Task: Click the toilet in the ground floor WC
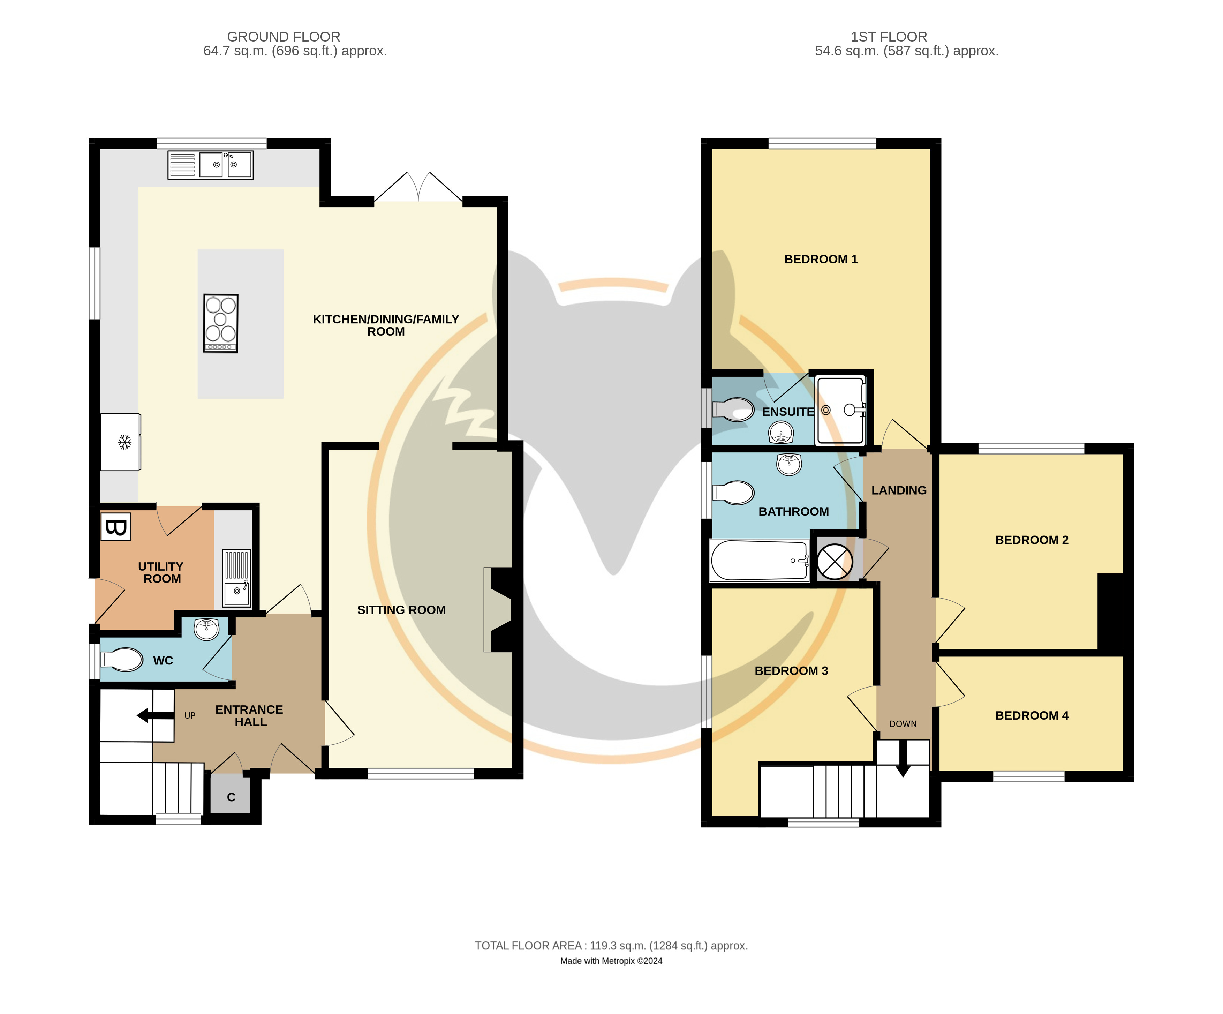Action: click(x=122, y=660)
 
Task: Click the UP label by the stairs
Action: click(x=190, y=715)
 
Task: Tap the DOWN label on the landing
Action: click(x=903, y=724)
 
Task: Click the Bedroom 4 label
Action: click(x=1032, y=716)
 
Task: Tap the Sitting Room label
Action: click(x=401, y=610)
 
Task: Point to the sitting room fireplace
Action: click(x=498, y=610)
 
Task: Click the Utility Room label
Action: click(x=161, y=572)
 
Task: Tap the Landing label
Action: click(x=899, y=490)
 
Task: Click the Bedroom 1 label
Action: click(x=821, y=259)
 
